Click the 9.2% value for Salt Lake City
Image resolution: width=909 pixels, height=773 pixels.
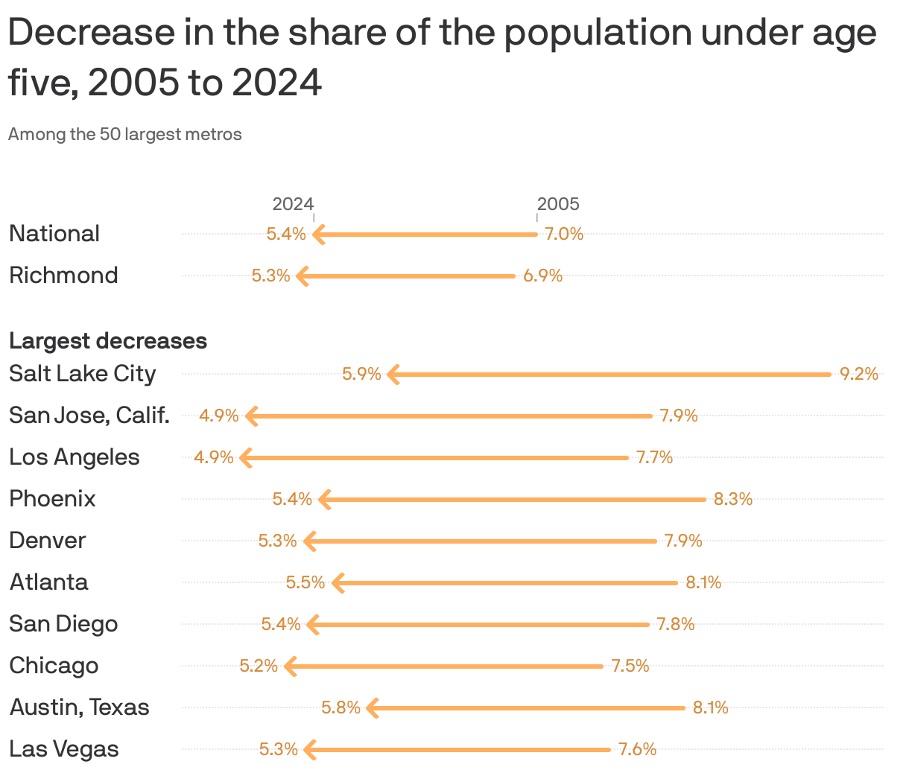point(858,374)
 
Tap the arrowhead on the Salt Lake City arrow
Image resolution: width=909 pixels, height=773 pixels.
point(393,374)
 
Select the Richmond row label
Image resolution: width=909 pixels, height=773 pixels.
point(63,276)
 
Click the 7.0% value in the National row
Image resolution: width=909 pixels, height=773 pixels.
point(563,234)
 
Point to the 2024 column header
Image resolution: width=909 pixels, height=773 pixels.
point(293,204)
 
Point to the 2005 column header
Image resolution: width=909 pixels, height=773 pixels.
point(558,204)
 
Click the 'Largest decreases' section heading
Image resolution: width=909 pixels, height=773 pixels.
point(108,341)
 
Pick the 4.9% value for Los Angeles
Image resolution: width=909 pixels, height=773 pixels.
point(214,457)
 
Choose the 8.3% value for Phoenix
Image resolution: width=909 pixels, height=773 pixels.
point(732,499)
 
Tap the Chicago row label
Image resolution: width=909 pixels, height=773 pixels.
point(54,666)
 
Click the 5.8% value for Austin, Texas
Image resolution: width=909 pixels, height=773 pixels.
point(341,707)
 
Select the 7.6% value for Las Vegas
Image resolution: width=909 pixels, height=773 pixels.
point(637,749)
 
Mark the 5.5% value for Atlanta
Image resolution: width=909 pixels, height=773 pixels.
point(305,582)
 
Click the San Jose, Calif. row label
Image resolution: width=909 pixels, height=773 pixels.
point(89,416)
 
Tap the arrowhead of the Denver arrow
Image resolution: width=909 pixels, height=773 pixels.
point(309,541)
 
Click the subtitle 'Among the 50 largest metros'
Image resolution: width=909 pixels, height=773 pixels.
point(125,135)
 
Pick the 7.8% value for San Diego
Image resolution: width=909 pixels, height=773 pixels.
point(675,624)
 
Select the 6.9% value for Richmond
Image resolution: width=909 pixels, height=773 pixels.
point(542,276)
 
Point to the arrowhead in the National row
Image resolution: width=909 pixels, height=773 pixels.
point(318,234)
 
